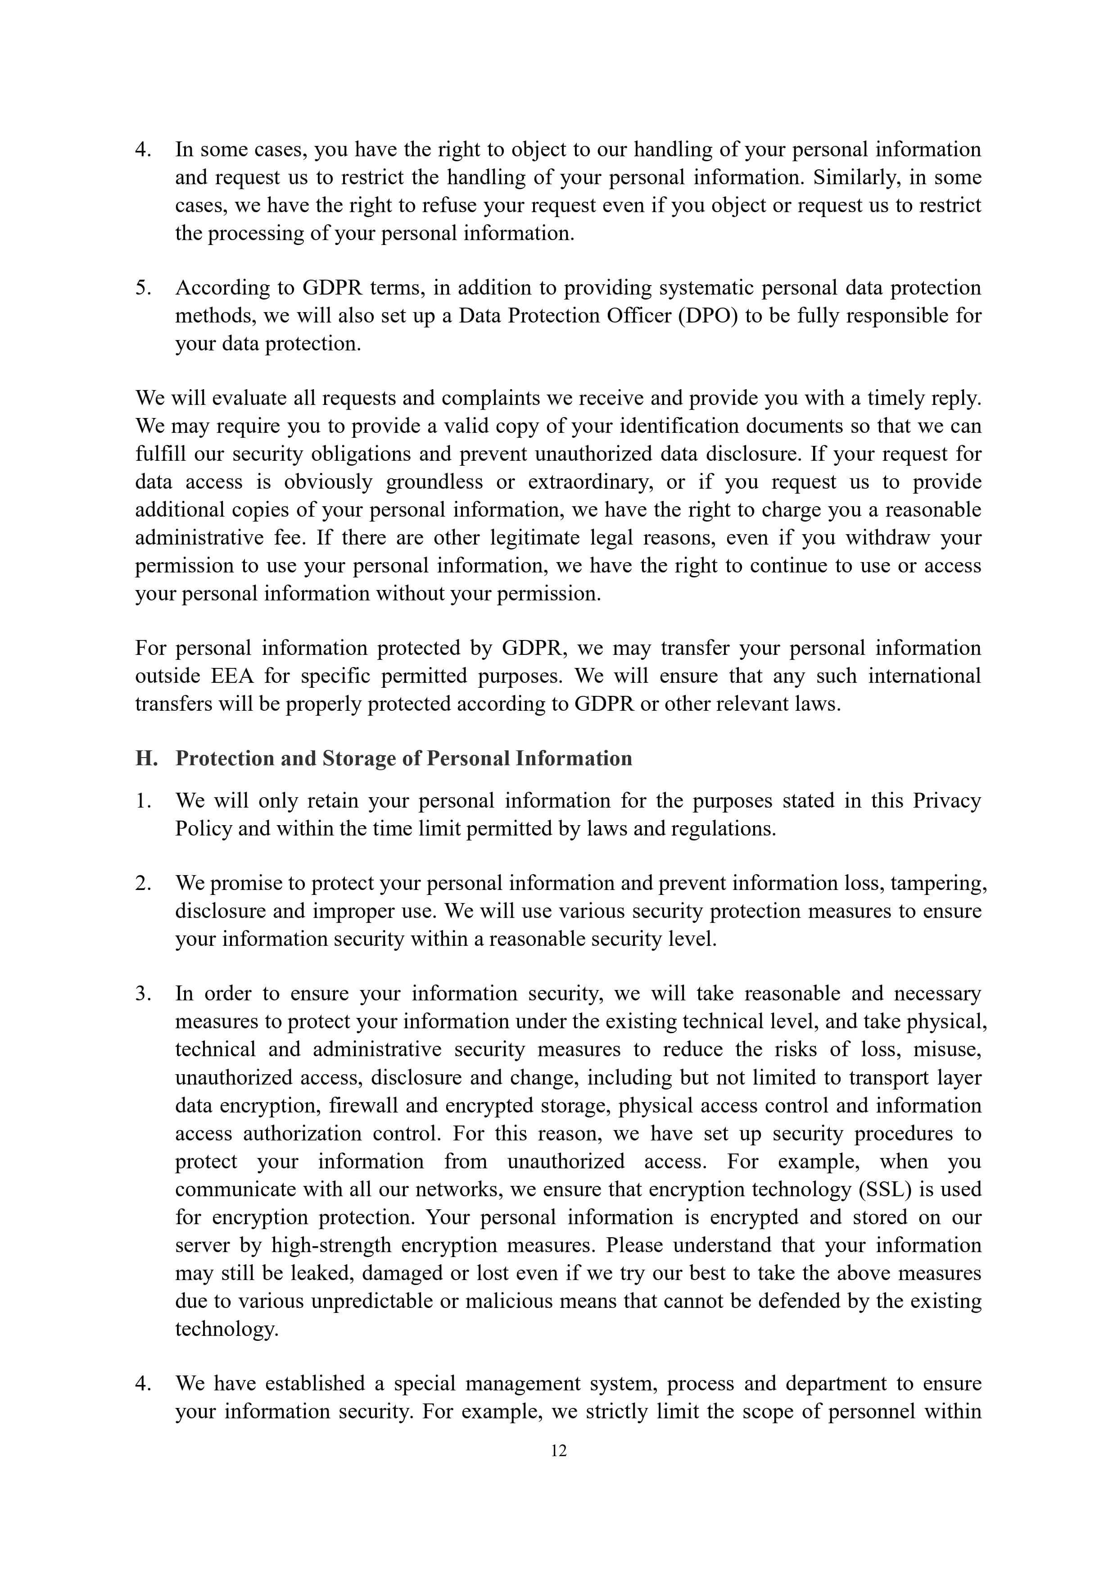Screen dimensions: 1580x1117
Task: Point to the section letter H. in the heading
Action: point(146,758)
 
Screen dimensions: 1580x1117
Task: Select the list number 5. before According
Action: point(143,288)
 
